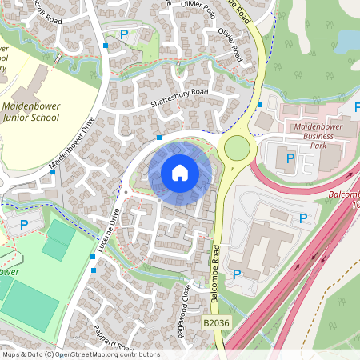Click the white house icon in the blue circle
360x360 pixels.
[x=180, y=172]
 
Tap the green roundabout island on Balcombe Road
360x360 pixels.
[x=237, y=147]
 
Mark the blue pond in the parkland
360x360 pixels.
[x=349, y=39]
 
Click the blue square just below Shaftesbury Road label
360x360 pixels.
[x=159, y=138]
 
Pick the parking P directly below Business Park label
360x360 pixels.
[x=290, y=159]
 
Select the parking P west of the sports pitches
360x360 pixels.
[x=24, y=225]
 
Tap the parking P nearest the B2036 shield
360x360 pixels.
[x=237, y=274]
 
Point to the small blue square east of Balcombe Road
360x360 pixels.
[x=260, y=105]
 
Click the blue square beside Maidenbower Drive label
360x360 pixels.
[x=53, y=172]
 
